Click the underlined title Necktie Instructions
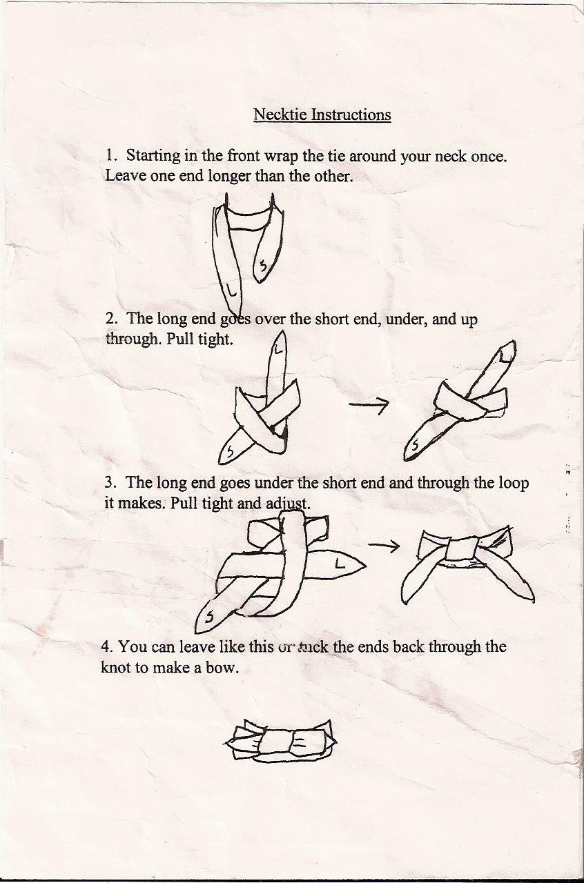[x=322, y=115]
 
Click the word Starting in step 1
[x=153, y=157]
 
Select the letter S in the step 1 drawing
[x=263, y=266]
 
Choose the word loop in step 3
[x=512, y=484]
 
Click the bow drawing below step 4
[x=281, y=741]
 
